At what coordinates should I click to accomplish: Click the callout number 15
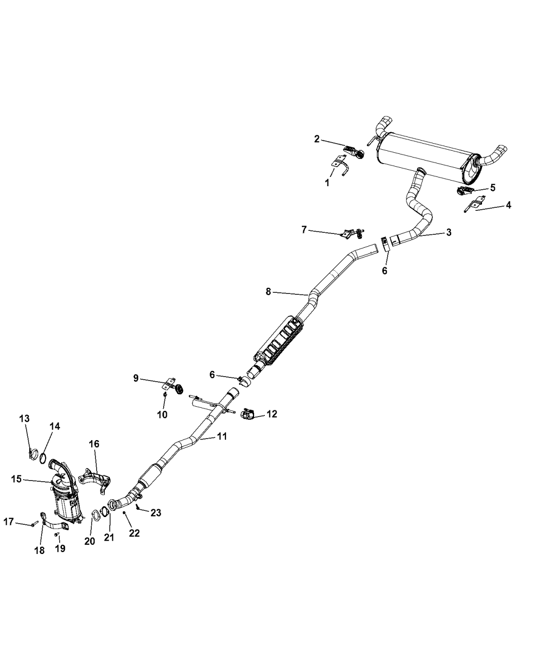point(16,479)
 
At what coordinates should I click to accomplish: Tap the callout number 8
point(268,292)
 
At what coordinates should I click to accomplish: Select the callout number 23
point(156,512)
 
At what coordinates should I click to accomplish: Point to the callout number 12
point(272,414)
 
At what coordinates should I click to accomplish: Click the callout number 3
point(449,232)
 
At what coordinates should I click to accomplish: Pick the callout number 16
point(94,444)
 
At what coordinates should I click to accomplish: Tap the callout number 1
point(327,183)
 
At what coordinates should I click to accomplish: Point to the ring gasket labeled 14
point(45,443)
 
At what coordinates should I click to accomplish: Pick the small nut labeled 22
point(125,513)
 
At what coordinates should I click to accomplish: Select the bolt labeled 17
point(32,524)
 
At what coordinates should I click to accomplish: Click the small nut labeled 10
point(165,395)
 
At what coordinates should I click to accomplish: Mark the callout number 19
point(60,548)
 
